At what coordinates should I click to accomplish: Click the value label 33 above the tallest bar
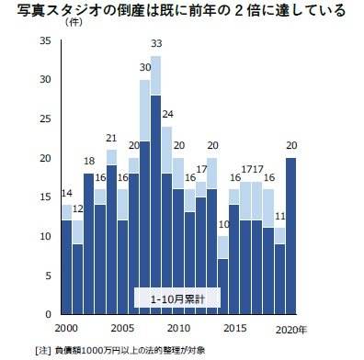[156, 44]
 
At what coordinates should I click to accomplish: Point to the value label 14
[66, 193]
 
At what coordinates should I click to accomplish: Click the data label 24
[167, 115]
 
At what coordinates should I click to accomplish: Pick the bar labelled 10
[222, 276]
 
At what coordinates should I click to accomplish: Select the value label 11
[279, 216]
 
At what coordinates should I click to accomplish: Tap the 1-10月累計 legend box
[178, 298]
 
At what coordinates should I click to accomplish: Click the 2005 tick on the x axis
[123, 329]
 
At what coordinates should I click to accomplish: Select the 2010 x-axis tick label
[178, 329]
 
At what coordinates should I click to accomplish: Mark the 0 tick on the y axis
[49, 314]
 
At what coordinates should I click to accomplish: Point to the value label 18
[88, 163]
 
